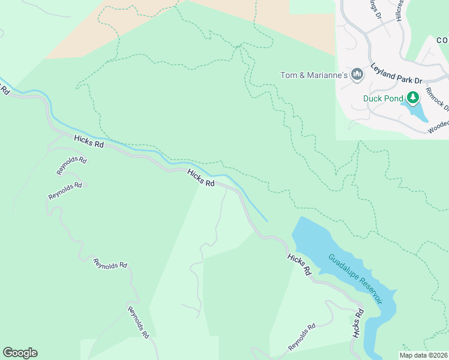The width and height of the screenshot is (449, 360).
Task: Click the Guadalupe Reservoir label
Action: coord(355,278)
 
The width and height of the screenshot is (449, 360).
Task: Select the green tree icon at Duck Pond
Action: coord(413,97)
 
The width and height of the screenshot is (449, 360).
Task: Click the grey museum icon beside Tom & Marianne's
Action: coord(358,74)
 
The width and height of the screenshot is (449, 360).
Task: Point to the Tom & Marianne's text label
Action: coord(314,75)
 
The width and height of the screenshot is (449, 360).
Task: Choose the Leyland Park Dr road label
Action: coord(397,73)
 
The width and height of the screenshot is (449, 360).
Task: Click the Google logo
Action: coord(20,353)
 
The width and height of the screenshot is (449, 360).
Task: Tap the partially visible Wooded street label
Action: coord(438,127)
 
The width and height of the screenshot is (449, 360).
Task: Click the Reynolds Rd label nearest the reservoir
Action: coord(301,338)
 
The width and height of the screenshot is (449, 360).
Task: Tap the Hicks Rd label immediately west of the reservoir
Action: coord(299,264)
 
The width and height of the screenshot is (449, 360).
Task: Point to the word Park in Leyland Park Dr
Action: coord(400,74)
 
